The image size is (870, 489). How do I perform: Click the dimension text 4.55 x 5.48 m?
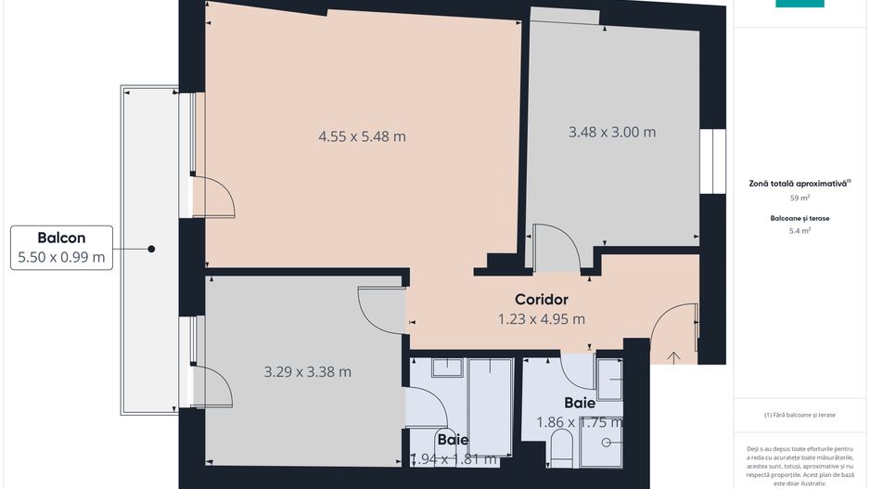tap(362, 136)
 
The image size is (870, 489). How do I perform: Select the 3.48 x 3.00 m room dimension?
tap(611, 132)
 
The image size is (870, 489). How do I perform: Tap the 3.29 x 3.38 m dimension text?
tap(307, 372)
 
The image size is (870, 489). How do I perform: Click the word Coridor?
tap(541, 300)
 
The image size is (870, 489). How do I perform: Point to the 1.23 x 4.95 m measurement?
tap(541, 319)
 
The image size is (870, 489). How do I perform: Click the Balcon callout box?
tap(61, 248)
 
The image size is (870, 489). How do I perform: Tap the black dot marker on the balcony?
tap(150, 249)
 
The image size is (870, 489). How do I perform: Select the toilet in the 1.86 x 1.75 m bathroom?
tap(561, 453)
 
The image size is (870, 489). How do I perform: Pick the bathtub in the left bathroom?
tap(490, 405)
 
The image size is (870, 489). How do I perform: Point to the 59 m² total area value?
tap(799, 198)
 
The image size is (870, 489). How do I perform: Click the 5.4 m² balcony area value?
tap(799, 230)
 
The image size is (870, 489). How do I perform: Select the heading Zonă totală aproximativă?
tap(799, 184)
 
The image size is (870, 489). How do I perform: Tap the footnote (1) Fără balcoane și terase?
tap(799, 415)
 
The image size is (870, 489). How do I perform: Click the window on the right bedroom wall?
tap(712, 161)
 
